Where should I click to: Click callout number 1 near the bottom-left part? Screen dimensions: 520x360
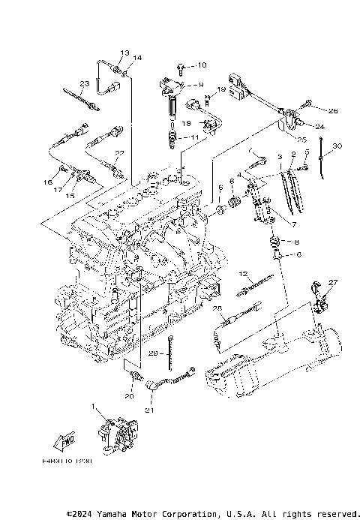click(93, 407)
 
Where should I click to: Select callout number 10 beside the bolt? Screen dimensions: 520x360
click(202, 65)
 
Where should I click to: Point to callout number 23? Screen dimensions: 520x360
click(85, 83)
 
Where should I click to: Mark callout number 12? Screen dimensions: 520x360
click(244, 274)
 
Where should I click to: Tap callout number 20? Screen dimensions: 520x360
click(129, 396)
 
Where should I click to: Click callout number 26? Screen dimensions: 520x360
click(333, 111)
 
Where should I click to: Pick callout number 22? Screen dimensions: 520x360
click(117, 154)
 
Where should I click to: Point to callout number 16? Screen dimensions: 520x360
click(47, 182)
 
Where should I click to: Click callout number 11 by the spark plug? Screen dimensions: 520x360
click(193, 137)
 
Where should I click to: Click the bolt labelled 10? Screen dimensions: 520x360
click(183, 67)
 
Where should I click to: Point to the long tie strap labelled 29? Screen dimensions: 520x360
click(172, 352)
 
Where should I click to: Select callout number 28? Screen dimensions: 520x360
click(217, 308)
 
